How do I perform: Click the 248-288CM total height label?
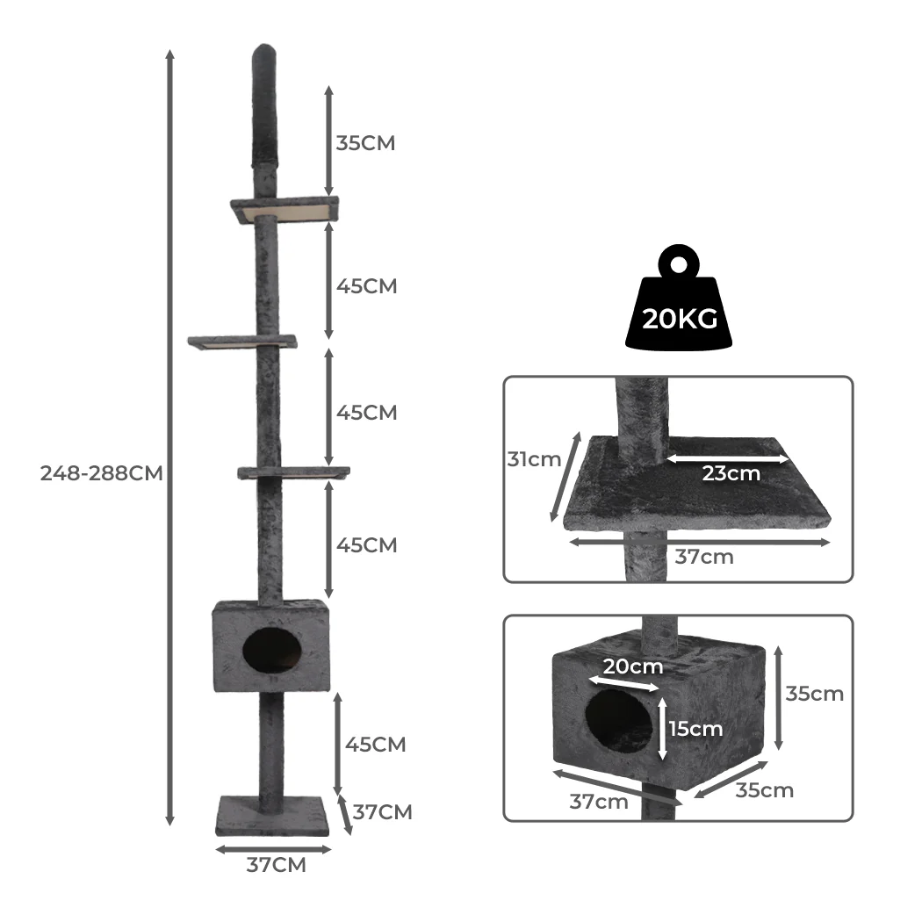(x=101, y=473)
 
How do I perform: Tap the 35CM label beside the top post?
(x=365, y=143)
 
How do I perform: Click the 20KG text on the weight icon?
(x=680, y=318)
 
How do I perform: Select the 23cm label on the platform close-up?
(x=731, y=474)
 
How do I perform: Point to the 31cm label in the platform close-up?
(x=533, y=459)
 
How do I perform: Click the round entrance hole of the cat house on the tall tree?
(x=270, y=651)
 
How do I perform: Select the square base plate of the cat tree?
(x=273, y=817)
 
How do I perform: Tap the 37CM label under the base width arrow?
(x=276, y=866)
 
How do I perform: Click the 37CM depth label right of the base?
(x=382, y=812)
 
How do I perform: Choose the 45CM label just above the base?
(x=376, y=745)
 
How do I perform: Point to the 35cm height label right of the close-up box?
(x=814, y=694)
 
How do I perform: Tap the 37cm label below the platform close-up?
(x=704, y=557)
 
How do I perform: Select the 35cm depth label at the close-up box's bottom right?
(x=764, y=790)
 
